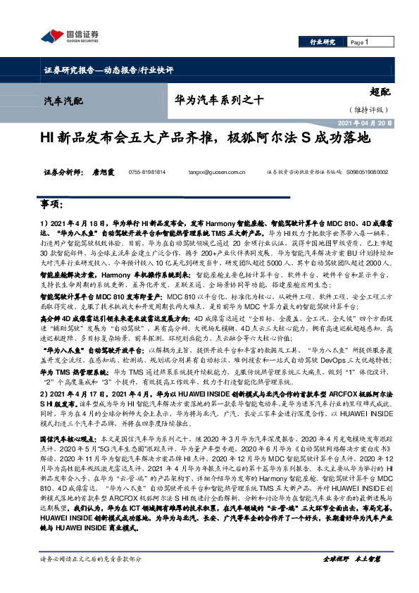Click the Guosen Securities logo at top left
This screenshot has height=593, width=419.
tap(69, 37)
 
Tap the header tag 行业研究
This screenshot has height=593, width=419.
tap(323, 42)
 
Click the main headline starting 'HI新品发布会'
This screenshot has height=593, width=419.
tap(209, 139)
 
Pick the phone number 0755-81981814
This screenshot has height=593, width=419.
tap(147, 172)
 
